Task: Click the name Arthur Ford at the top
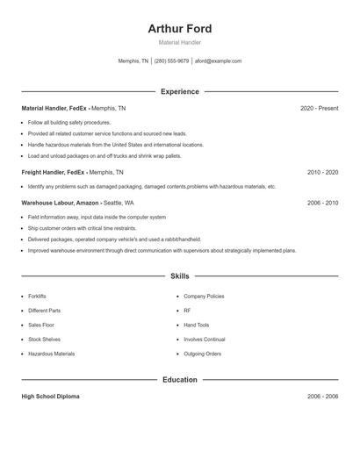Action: (x=180, y=29)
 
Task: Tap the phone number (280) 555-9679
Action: (x=172, y=61)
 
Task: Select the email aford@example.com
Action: (x=218, y=61)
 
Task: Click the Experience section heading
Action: (x=180, y=91)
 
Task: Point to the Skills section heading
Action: (x=180, y=275)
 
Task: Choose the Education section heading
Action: (x=180, y=380)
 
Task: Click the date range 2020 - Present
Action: (x=319, y=108)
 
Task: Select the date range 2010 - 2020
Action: (x=322, y=173)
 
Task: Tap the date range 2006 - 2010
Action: (x=322, y=203)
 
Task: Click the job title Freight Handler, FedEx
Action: (x=53, y=173)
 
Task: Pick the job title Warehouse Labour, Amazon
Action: (x=58, y=203)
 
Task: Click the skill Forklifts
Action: (x=37, y=297)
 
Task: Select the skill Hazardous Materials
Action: (x=51, y=354)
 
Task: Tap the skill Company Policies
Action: (x=204, y=297)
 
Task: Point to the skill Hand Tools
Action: (x=197, y=325)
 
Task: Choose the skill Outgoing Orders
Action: (x=202, y=354)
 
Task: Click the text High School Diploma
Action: (x=50, y=397)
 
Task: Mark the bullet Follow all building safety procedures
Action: (x=69, y=123)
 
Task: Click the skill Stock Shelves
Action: (x=44, y=339)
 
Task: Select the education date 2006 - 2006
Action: (x=322, y=397)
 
